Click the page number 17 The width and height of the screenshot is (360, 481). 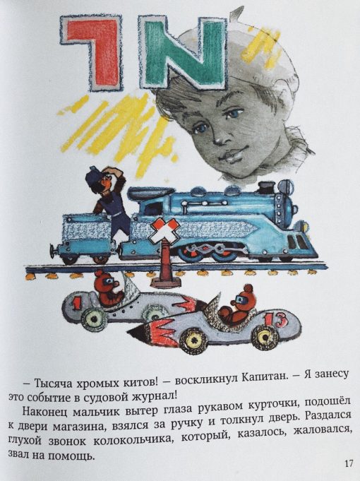pos(349,463)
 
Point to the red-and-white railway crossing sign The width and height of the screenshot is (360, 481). pos(164,231)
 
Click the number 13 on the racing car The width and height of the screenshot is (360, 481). pos(276,319)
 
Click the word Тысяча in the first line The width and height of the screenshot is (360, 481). pos(53,383)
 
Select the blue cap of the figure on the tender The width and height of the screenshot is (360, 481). pos(95,175)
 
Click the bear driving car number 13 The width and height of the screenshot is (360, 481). pos(239,309)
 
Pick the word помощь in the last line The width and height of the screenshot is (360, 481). pos(71,456)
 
